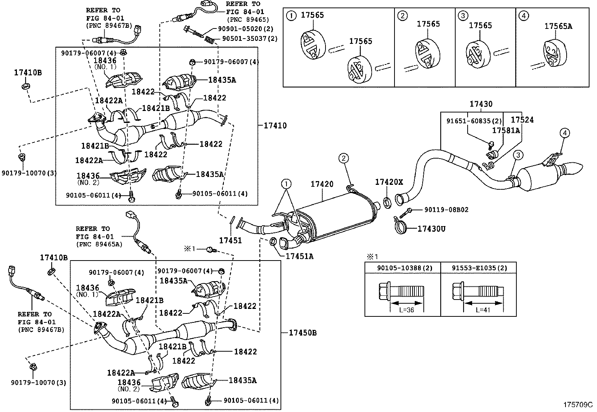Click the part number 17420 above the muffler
point(322,184)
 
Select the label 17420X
point(389,182)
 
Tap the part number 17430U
point(431,229)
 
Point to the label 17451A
point(299,256)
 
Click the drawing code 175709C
point(578,405)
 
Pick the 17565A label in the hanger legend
point(558,26)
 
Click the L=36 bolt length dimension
point(407,310)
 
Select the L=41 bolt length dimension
point(483,310)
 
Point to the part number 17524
point(522,120)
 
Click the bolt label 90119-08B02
point(446,210)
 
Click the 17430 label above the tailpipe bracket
point(481,104)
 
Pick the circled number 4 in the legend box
point(523,16)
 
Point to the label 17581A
point(506,130)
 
